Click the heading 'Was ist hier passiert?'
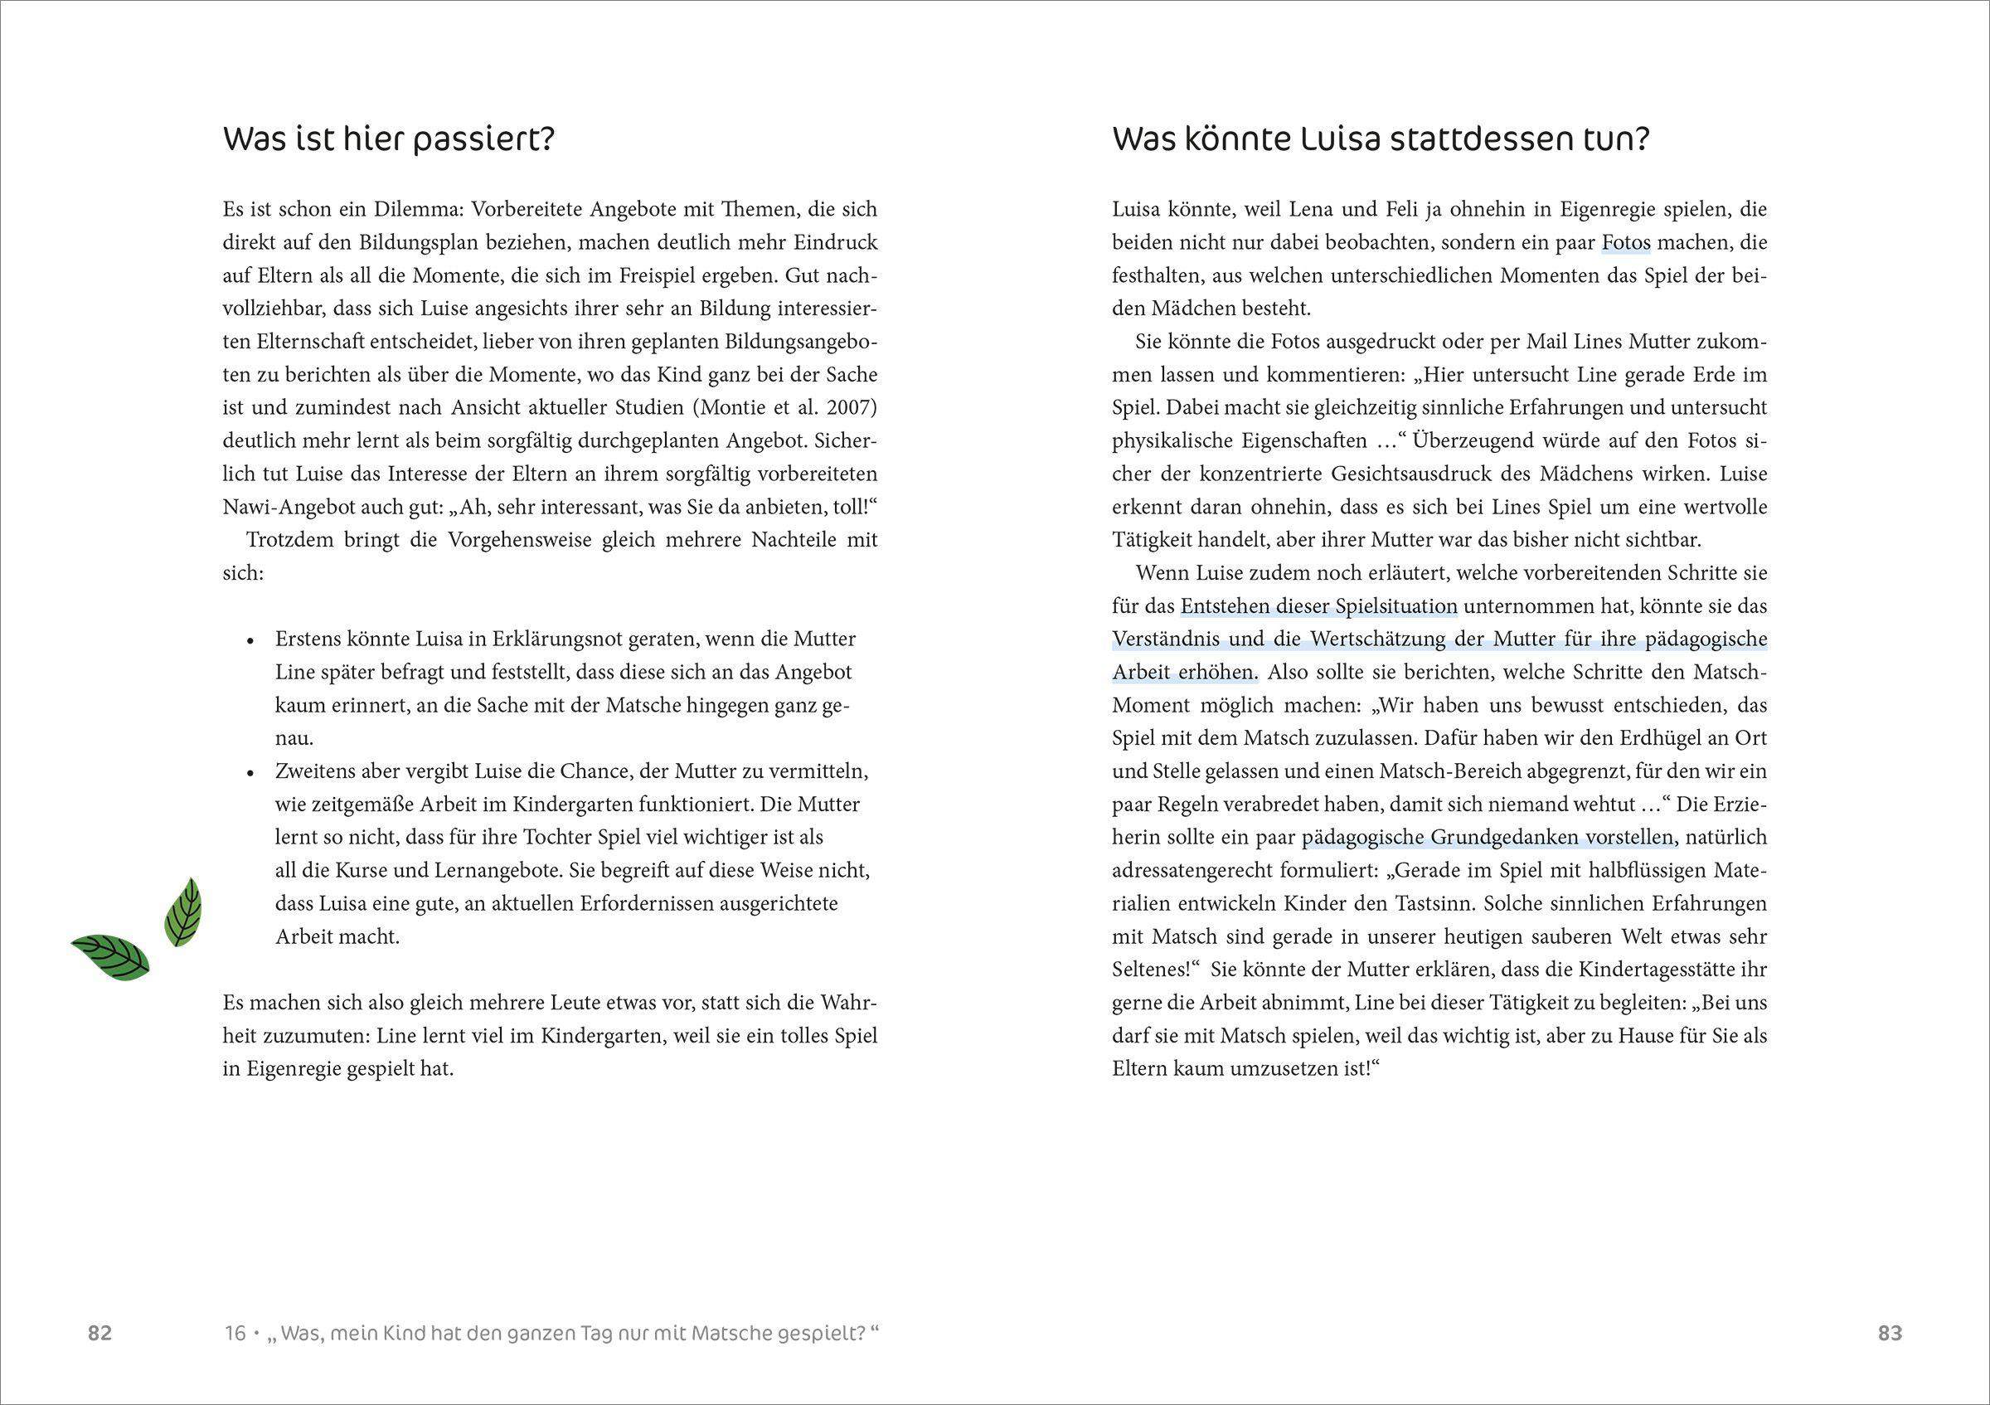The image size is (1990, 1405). point(387,139)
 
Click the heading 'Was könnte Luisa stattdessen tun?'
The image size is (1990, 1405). point(1380,139)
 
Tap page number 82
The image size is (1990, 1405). point(99,1333)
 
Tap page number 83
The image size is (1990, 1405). point(1890,1333)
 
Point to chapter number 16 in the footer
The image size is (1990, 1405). point(235,1333)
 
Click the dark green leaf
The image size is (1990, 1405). point(111,957)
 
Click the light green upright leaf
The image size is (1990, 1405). point(183,911)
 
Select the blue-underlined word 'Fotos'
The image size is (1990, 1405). point(1626,243)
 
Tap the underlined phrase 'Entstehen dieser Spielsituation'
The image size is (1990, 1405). point(1318,607)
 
